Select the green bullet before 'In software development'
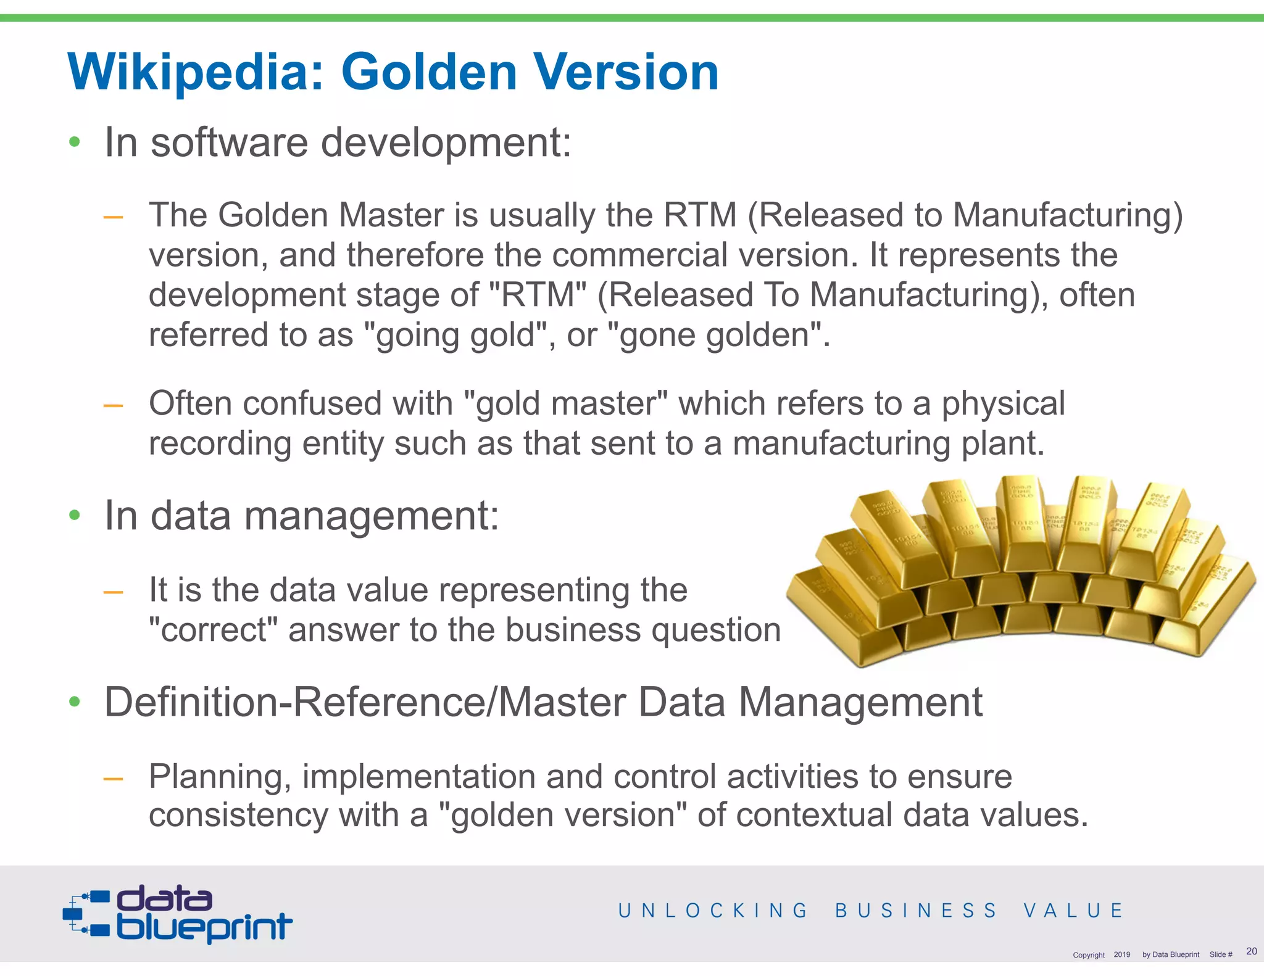pos(75,143)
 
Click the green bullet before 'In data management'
pos(75,515)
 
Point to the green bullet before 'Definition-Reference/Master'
pos(75,701)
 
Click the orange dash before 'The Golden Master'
pos(113,217)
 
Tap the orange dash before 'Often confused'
pos(113,405)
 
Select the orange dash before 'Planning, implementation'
pos(113,779)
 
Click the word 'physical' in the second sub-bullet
pos(1003,404)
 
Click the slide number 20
pos(1251,951)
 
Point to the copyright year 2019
pos(1121,954)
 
